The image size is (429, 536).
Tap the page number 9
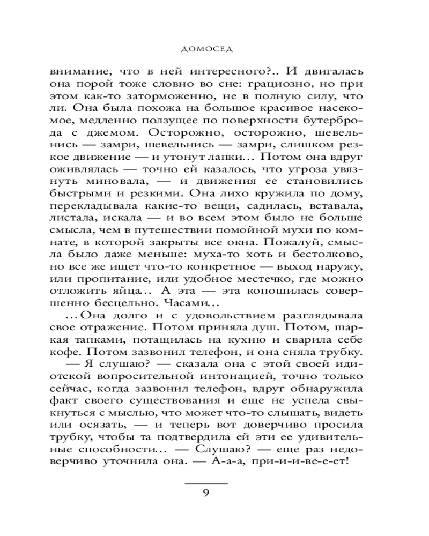pos(207,494)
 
